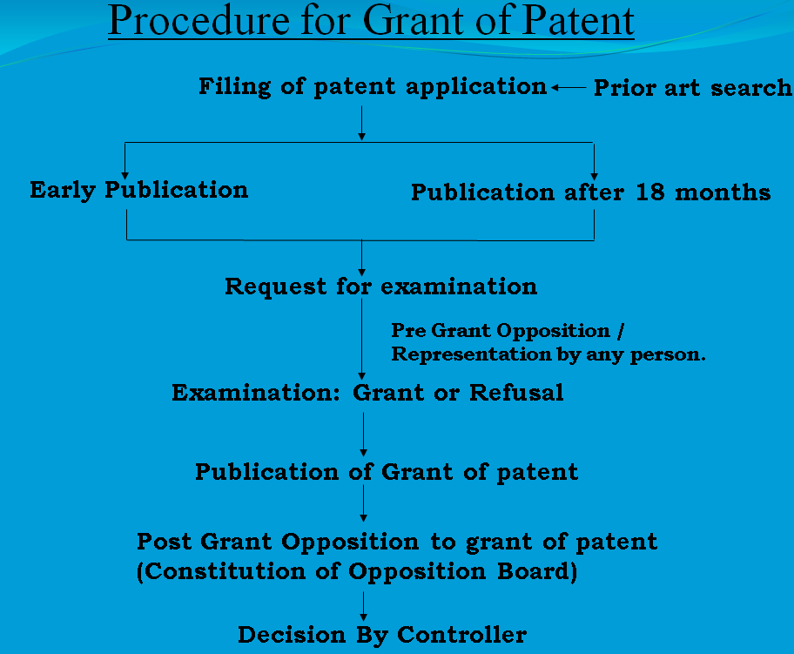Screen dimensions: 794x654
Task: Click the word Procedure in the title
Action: pyautogui.click(x=199, y=21)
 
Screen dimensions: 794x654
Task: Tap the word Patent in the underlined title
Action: pyautogui.click(x=578, y=21)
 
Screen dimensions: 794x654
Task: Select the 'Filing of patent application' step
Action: pyautogui.click(x=373, y=86)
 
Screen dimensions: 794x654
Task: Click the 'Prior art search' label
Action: pyautogui.click(x=693, y=88)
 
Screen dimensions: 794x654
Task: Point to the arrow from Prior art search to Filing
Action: pyautogui.click(x=569, y=88)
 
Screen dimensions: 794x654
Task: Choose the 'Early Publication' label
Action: pyautogui.click(x=139, y=191)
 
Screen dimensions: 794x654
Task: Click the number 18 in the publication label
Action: pyautogui.click(x=650, y=192)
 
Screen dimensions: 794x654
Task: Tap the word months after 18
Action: pyautogui.click(x=723, y=192)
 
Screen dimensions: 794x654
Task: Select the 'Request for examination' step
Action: pyautogui.click(x=380, y=287)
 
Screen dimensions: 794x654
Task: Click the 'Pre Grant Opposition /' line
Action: pyautogui.click(x=508, y=331)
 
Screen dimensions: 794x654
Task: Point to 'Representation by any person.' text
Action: pyautogui.click(x=548, y=354)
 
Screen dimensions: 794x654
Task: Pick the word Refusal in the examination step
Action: pyautogui.click(x=516, y=393)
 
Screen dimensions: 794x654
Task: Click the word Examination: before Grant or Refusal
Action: pyautogui.click(x=256, y=393)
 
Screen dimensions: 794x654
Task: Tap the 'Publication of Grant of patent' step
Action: pyautogui.click(x=387, y=473)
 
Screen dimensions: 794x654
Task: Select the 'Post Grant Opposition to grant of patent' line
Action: pyautogui.click(x=397, y=542)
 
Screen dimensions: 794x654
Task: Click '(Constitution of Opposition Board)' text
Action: pyautogui.click(x=357, y=571)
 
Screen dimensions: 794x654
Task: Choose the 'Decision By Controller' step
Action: pyautogui.click(x=382, y=635)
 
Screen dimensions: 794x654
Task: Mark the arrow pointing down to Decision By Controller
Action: pyautogui.click(x=364, y=606)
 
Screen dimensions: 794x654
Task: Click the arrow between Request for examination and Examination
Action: pyautogui.click(x=361, y=340)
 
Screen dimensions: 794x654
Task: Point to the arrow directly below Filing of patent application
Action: pyautogui.click(x=361, y=123)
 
